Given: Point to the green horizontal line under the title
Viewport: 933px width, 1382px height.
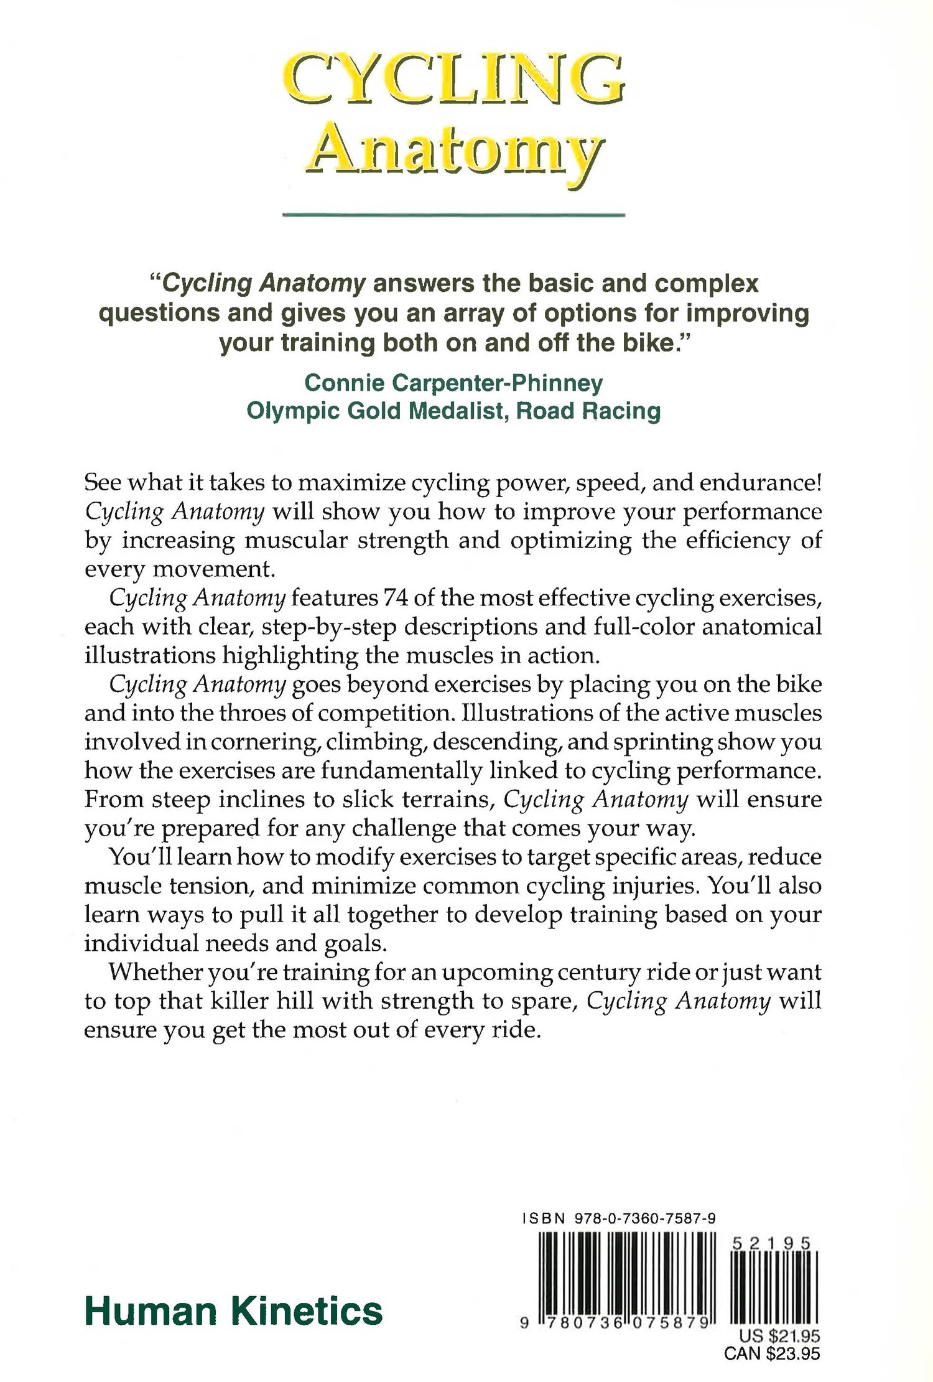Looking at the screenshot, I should click(453, 215).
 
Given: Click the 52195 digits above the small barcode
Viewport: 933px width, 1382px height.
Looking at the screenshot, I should click(771, 1244).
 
